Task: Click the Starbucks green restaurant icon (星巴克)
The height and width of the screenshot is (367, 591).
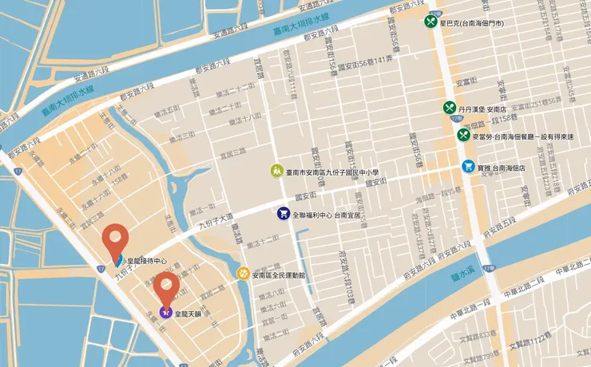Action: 431,22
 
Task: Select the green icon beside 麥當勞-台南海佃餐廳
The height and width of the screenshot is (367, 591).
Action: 463,135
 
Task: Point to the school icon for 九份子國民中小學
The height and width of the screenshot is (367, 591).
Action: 276,171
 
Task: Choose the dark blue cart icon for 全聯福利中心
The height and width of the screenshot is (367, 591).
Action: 283,214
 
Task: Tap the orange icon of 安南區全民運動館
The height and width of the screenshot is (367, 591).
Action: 242,274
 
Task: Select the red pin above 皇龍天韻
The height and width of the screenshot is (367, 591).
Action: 167,287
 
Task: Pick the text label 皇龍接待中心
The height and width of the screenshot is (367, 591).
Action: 147,261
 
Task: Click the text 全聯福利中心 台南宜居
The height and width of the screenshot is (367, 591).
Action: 326,215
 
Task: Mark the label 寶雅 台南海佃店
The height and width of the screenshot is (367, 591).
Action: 502,168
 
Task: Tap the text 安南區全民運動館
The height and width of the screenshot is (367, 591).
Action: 284,274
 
